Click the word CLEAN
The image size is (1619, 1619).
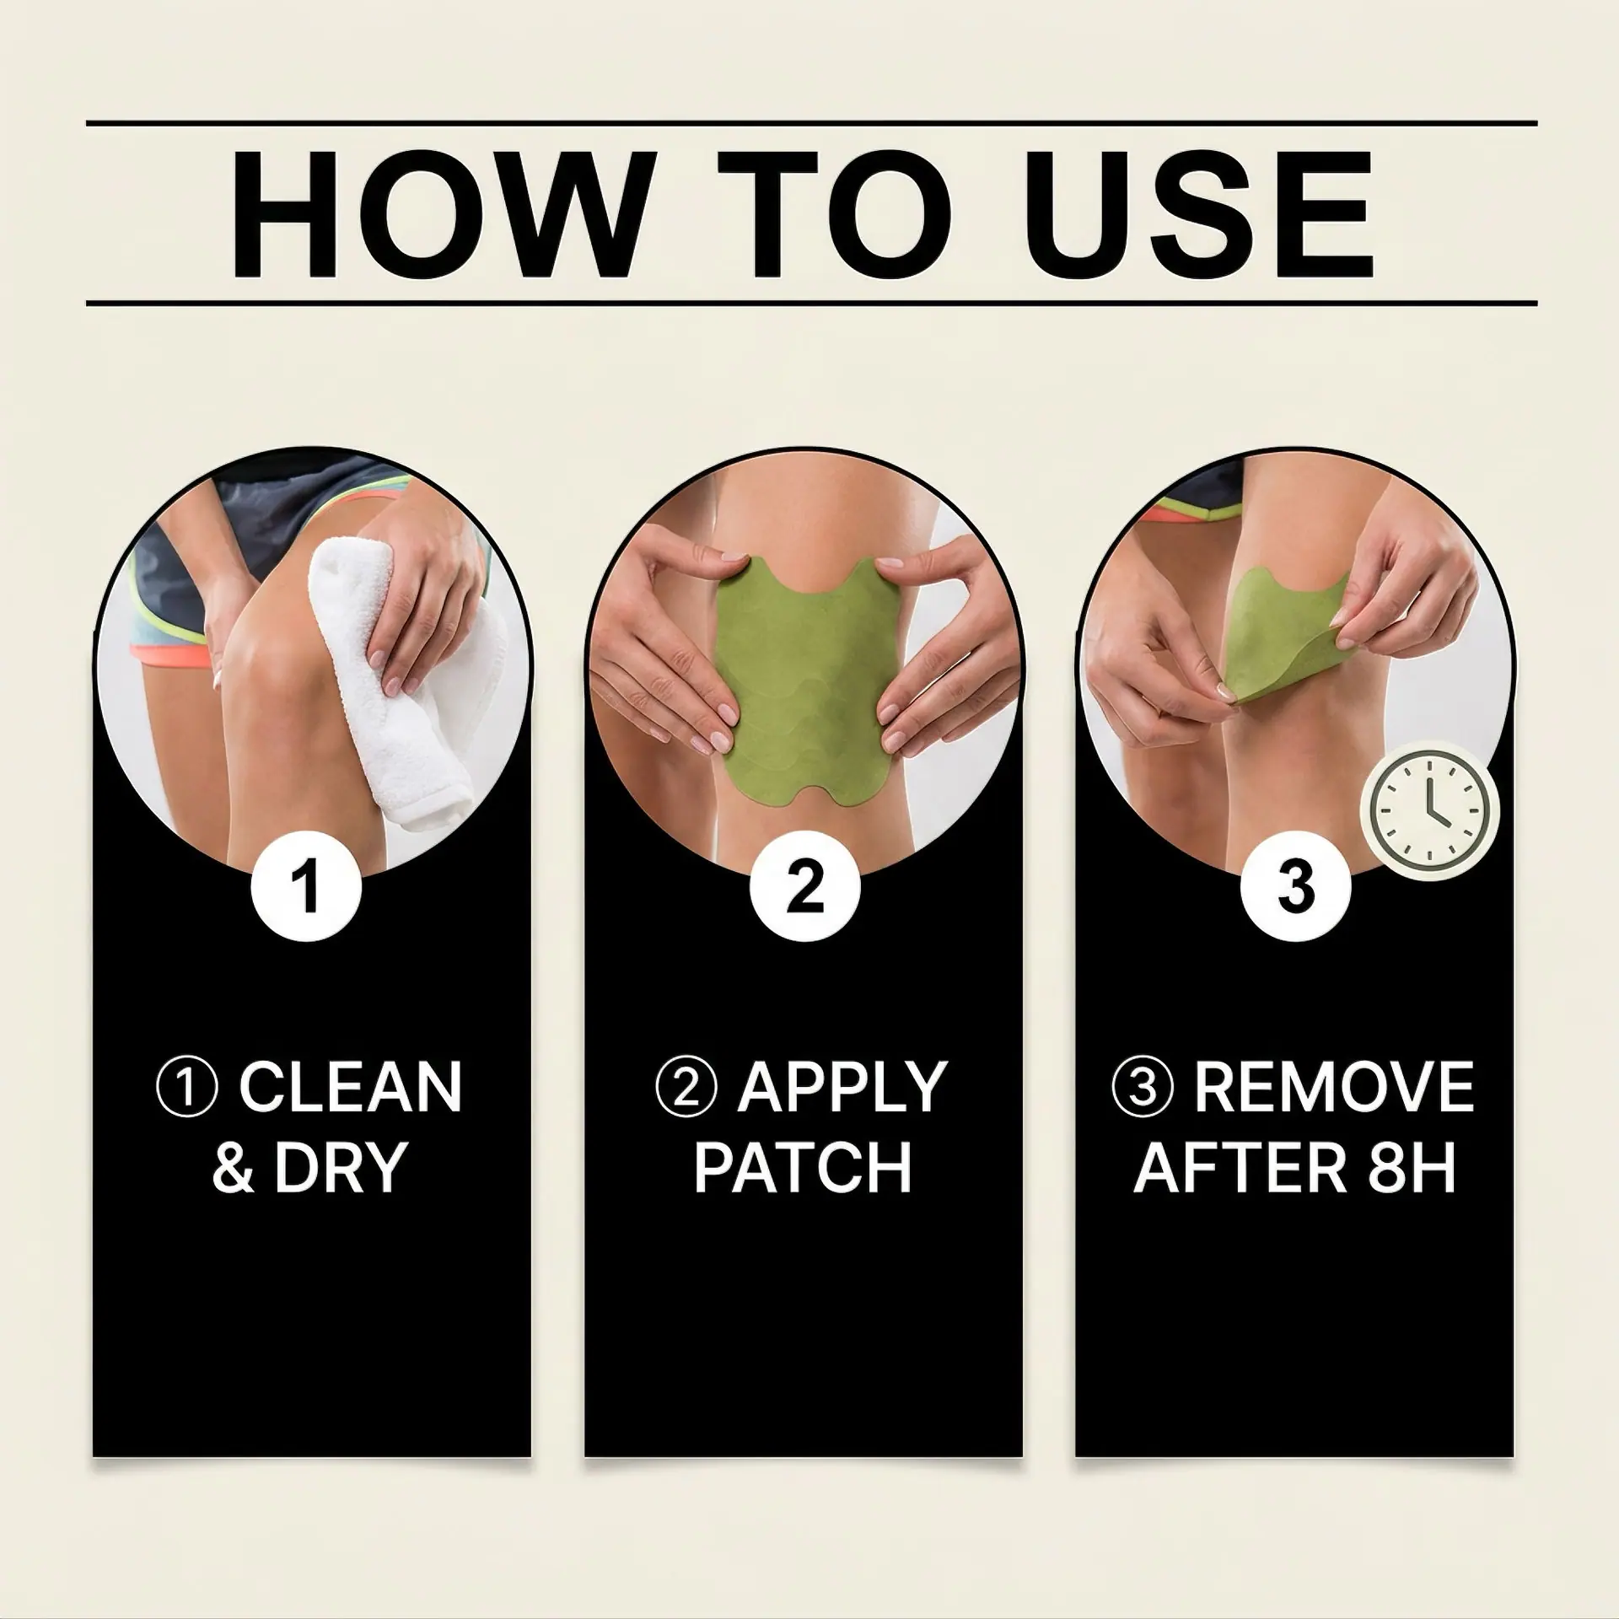(x=350, y=1087)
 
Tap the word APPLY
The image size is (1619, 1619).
(x=841, y=1087)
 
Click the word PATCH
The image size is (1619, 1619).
(x=803, y=1167)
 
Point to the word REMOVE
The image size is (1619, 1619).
(x=1334, y=1087)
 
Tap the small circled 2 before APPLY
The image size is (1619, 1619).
(x=686, y=1088)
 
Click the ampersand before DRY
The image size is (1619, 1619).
(x=233, y=1168)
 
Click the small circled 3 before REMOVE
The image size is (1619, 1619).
(x=1143, y=1088)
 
